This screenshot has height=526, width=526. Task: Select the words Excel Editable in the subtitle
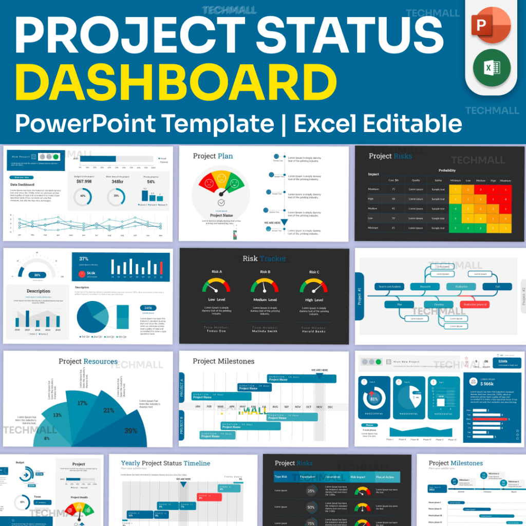378,124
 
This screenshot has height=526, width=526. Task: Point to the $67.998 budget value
84,181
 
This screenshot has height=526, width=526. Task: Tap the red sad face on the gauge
208,181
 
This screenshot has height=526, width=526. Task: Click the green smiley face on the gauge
234,181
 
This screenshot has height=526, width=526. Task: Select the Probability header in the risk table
447,171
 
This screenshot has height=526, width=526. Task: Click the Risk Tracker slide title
264,258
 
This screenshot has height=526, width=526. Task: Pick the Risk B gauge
265,286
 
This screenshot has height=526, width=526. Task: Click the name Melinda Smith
265,331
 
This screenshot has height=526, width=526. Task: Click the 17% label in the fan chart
82,404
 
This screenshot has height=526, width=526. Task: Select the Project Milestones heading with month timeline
223,361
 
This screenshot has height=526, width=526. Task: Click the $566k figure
487,384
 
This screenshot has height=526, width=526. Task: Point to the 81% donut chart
374,399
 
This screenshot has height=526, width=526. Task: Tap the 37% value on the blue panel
84,259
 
